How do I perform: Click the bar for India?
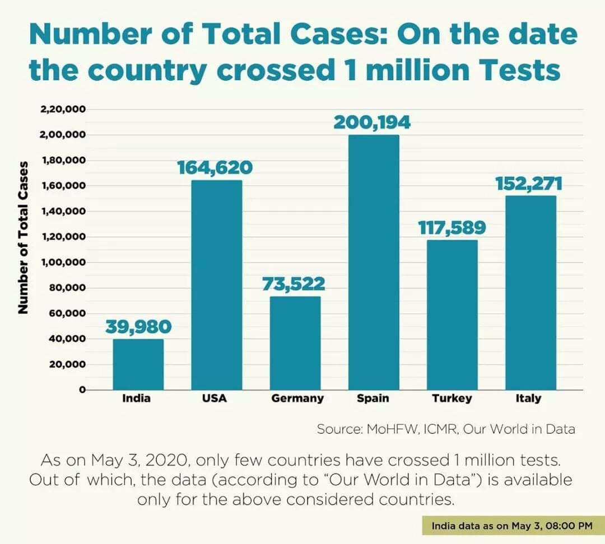[138, 364]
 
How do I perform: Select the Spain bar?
[374, 262]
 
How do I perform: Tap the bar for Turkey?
[452, 315]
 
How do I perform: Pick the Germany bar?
[295, 343]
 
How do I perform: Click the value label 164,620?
[215, 168]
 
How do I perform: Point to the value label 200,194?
[372, 123]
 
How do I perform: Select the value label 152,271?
[529, 184]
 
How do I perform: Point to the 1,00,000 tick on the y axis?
[63, 262]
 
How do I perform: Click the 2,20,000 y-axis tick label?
[63, 110]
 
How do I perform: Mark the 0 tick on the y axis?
[81, 390]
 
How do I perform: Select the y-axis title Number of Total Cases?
[23, 237]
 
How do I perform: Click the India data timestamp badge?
[511, 526]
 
